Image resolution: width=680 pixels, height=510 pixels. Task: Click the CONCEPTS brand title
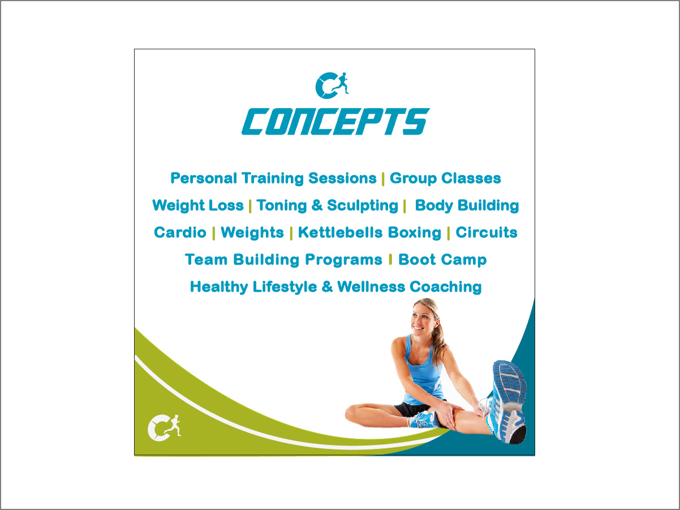[336, 122]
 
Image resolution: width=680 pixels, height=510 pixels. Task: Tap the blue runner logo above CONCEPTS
[332, 85]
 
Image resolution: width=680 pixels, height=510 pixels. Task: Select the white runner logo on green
[165, 427]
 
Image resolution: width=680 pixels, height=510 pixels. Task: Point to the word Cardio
[180, 232]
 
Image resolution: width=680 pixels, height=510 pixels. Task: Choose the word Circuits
[487, 232]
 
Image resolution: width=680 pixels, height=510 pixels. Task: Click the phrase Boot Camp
[442, 260]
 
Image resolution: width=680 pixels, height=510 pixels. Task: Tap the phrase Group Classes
[445, 178]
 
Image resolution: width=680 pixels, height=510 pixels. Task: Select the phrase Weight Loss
[198, 206]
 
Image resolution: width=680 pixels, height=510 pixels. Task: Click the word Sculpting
[363, 206]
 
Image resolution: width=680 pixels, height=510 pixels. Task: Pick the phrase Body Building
[467, 206]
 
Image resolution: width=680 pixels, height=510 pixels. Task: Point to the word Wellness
[371, 287]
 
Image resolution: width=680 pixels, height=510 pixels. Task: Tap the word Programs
[343, 260]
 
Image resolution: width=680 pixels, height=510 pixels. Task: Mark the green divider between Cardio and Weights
[213, 233]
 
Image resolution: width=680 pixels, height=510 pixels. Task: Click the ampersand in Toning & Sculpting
[317, 206]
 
